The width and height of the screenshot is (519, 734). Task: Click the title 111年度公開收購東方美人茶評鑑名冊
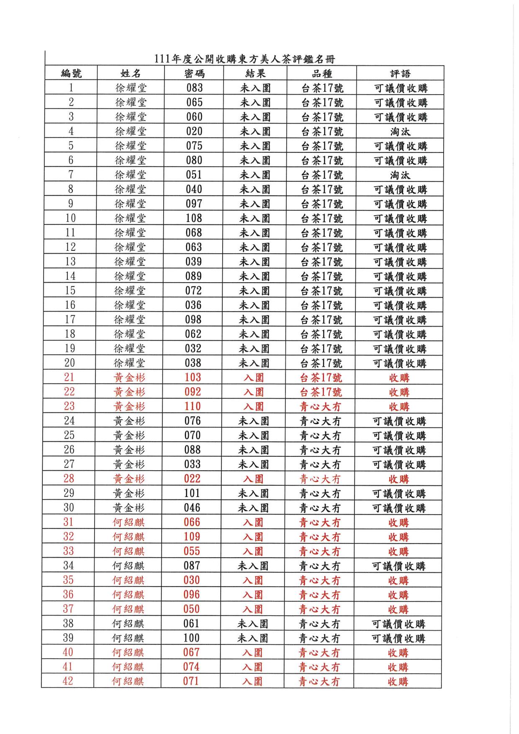245,59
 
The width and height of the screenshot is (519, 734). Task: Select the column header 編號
71,74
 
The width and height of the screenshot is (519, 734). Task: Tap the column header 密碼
195,74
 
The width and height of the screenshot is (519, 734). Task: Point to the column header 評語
400,74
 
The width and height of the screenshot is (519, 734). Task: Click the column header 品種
322,74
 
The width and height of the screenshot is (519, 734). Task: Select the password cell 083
195,88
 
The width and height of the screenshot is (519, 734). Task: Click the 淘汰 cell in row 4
400,131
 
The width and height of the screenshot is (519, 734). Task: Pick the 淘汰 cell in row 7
400,175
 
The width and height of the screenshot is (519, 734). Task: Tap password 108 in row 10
194,218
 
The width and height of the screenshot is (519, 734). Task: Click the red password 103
193,377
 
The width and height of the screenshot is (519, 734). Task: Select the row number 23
69,406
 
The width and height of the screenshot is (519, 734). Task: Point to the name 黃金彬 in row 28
129,479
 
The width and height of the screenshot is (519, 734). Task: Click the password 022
193,479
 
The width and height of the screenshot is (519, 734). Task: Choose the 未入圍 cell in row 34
253,566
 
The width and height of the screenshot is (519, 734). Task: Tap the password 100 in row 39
192,638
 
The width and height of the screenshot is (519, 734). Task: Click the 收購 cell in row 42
398,681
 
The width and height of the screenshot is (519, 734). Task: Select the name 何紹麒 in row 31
128,522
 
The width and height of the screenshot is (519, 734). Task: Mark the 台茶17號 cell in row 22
321,392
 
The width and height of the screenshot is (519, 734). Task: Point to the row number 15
70,291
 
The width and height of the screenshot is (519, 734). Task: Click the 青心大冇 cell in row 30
320,508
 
